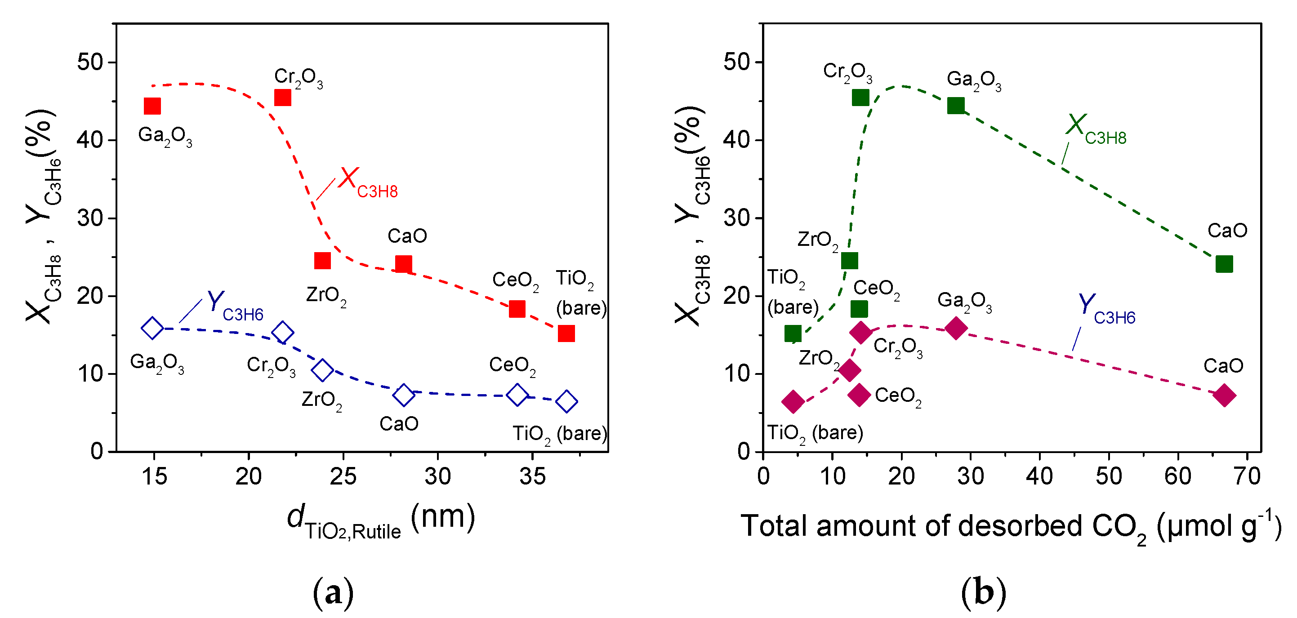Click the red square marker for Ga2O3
click(x=152, y=106)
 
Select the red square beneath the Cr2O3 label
click(x=282, y=97)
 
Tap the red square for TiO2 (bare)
click(x=566, y=333)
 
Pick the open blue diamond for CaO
click(x=403, y=396)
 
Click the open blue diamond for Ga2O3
click(x=152, y=328)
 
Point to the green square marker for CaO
click(x=1224, y=264)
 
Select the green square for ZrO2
click(x=849, y=261)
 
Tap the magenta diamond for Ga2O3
click(x=956, y=328)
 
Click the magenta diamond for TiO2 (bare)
click(x=793, y=402)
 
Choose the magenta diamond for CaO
click(x=1224, y=395)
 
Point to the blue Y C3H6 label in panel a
click(x=235, y=306)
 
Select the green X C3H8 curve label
click(x=1096, y=129)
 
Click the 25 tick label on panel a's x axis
click(x=343, y=476)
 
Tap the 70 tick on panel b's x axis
click(x=1247, y=476)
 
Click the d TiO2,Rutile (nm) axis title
click(x=381, y=521)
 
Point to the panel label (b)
click(x=983, y=592)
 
